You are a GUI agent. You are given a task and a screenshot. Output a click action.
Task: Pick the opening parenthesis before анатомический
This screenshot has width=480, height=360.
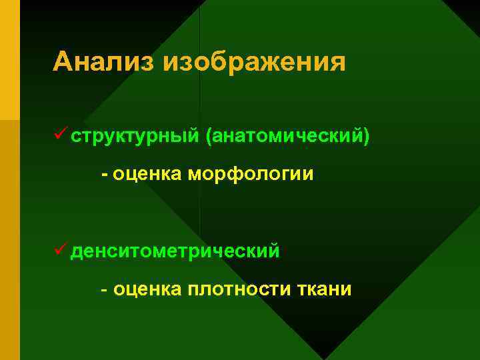click(x=211, y=137)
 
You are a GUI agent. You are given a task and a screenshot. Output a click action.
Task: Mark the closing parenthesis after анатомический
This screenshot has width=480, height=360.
click(x=365, y=137)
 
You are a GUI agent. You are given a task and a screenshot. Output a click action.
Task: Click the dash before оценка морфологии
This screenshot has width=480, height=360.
click(x=104, y=175)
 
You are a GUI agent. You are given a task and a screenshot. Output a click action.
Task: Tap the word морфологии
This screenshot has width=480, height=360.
click(x=251, y=175)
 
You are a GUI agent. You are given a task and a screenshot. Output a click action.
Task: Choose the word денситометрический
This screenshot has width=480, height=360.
click(x=175, y=253)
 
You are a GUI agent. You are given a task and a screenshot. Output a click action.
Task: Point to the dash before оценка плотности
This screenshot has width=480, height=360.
click(x=104, y=291)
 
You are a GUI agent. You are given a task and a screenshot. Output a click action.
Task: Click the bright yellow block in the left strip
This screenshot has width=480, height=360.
click(x=9, y=60)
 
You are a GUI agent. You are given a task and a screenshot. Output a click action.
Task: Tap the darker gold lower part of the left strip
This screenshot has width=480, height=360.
click(x=9, y=240)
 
